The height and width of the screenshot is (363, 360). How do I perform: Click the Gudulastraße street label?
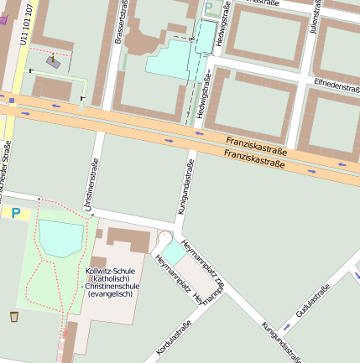[310, 303]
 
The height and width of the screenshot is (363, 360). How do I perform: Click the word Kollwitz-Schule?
[111, 272]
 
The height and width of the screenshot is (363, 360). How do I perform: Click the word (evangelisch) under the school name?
[112, 294]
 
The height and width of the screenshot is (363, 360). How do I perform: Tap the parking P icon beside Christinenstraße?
[14, 214]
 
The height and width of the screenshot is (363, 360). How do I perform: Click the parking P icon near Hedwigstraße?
[208, 8]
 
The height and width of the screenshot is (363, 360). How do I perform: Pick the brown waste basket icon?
[14, 316]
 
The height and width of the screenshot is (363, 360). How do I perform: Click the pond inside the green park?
[60, 238]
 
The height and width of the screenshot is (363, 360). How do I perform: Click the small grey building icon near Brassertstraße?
[53, 61]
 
